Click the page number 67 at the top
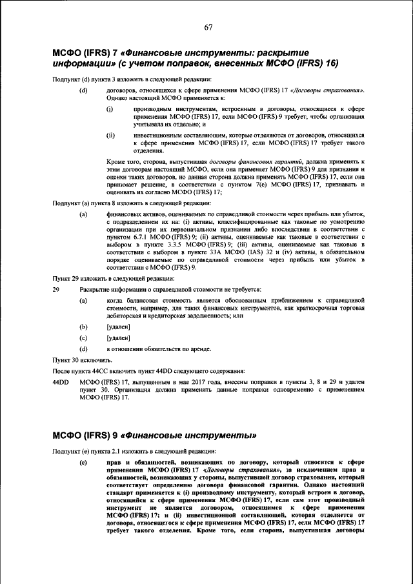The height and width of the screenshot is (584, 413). (x=208, y=27)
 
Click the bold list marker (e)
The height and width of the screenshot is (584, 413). (x=83, y=463)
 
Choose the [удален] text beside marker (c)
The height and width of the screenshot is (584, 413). (x=118, y=337)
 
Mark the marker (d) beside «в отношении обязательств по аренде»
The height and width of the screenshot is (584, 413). (x=83, y=348)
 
